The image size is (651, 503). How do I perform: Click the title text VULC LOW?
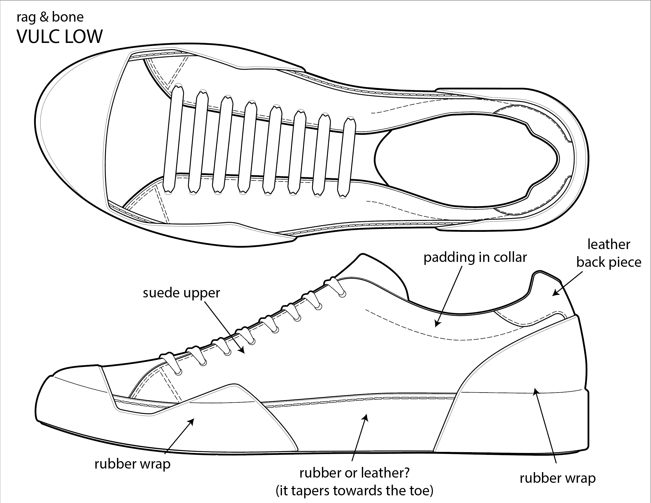click(x=60, y=37)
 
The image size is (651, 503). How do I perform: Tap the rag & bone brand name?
click(x=50, y=17)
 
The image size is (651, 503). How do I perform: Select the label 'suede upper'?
click(x=181, y=293)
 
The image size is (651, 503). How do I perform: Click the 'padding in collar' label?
click(x=475, y=257)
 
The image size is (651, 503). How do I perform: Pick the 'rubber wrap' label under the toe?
click(x=132, y=464)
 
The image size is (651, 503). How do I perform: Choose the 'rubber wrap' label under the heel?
click(x=558, y=478)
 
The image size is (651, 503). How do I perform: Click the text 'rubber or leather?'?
click(x=354, y=473)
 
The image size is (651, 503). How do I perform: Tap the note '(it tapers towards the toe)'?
click(x=354, y=490)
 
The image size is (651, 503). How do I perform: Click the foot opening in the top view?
click(x=465, y=160)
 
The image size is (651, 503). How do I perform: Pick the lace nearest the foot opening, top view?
click(x=347, y=158)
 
